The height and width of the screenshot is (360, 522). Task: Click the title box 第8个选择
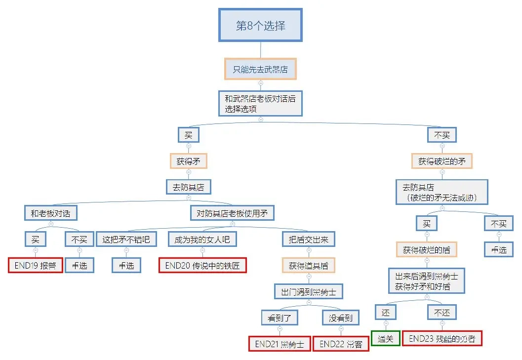(260, 25)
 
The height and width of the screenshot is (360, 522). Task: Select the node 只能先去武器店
(260, 70)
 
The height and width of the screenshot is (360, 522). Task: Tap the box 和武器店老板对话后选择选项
(260, 104)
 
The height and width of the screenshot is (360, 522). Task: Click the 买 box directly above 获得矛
(188, 135)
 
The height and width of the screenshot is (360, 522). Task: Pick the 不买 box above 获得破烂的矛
(442, 135)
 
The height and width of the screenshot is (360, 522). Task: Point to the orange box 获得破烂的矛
(442, 161)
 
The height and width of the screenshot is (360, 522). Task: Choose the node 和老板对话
(50, 213)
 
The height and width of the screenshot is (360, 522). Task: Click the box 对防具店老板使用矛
(232, 213)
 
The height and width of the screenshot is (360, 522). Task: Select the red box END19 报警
(36, 265)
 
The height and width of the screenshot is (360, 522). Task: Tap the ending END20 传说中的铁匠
(202, 265)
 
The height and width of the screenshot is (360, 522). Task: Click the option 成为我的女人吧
(202, 240)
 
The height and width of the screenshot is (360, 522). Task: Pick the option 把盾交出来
(308, 240)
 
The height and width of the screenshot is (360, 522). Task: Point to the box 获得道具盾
(308, 265)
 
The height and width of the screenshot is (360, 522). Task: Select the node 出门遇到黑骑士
(308, 291)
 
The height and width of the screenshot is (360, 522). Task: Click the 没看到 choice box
(340, 318)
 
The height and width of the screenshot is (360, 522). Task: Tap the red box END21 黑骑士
(280, 344)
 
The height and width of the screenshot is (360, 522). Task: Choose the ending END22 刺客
(340, 344)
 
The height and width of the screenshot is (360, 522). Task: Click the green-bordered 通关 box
(386, 338)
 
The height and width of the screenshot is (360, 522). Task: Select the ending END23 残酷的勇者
(442, 338)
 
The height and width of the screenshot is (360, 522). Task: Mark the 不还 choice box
(442, 312)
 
